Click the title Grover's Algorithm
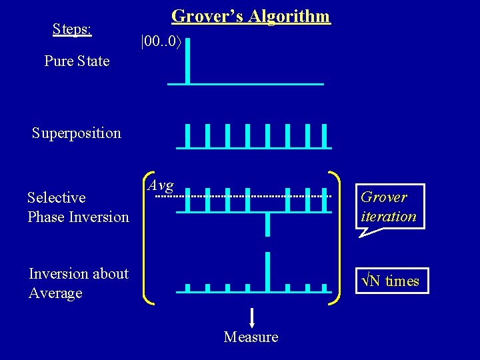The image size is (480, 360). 251,16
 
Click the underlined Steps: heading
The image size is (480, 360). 72,29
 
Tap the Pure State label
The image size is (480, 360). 77,61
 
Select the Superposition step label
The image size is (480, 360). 77,133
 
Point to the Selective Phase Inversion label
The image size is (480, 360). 78,207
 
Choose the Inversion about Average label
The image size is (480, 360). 79,283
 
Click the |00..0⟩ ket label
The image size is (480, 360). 161,42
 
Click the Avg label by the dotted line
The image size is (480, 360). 160,185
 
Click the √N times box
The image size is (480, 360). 391,281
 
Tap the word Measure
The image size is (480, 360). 251,337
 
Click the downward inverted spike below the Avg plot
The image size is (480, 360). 267,223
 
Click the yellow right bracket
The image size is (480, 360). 335,237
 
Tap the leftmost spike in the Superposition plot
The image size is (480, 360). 188,135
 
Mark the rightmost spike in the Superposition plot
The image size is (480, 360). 325,135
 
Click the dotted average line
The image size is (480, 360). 220,197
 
